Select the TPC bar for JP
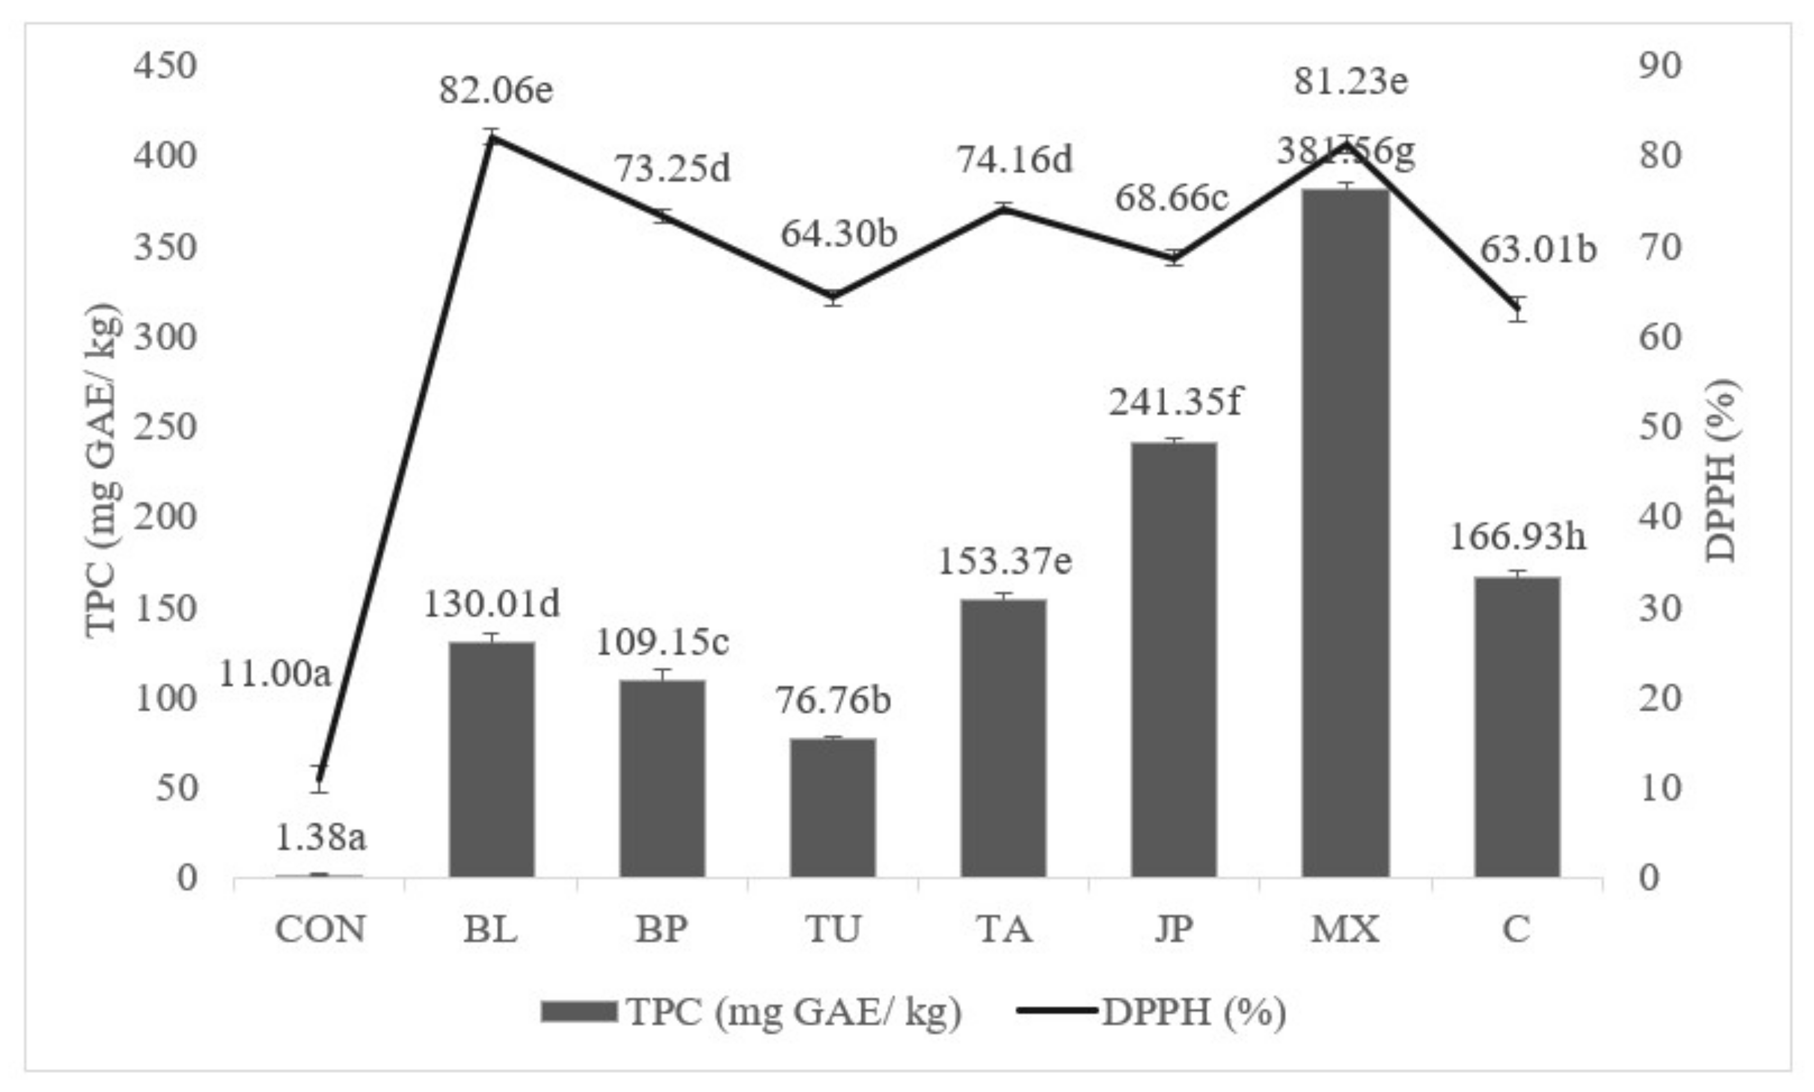click(x=1174, y=659)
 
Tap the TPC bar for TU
click(x=833, y=807)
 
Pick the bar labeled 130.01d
click(x=492, y=759)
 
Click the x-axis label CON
click(x=320, y=929)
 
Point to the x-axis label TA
click(x=1005, y=929)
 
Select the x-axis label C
click(x=1516, y=929)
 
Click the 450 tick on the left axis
click(x=166, y=66)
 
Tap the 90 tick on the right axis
click(x=1660, y=66)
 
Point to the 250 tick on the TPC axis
click(x=166, y=427)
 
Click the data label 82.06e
click(x=497, y=91)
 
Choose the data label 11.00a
click(x=275, y=674)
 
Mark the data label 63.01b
click(x=1538, y=250)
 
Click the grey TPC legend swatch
click(x=578, y=1011)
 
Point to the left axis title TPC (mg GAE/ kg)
click(x=102, y=471)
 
